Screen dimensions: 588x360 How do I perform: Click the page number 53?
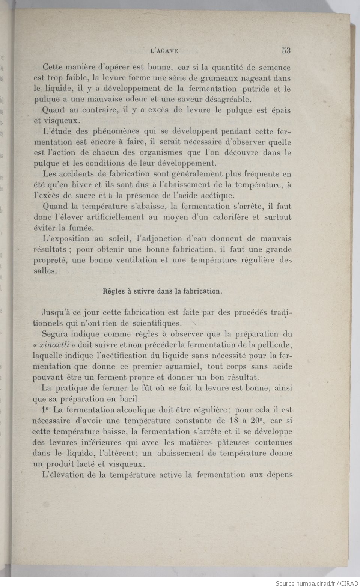click(x=286, y=50)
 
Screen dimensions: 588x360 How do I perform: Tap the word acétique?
click(x=218, y=196)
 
